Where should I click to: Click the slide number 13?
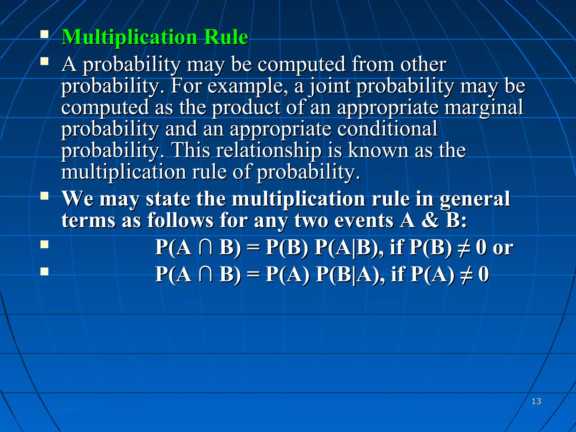(x=536, y=401)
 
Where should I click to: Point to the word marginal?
(x=483, y=107)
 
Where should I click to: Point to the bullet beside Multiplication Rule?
(x=44, y=35)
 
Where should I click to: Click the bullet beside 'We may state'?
(x=44, y=196)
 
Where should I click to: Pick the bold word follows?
(x=180, y=220)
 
